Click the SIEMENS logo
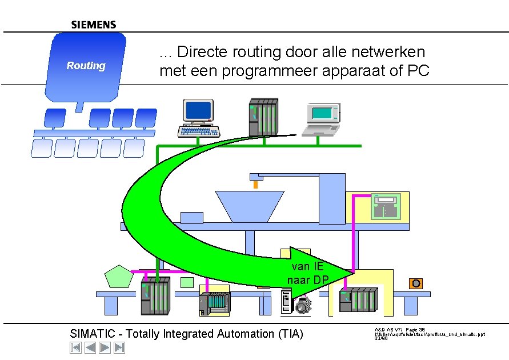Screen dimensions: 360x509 pos(94,25)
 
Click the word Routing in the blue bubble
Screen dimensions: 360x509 pos(86,66)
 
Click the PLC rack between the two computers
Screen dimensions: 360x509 pos(263,117)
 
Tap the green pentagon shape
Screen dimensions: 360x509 pos(119,278)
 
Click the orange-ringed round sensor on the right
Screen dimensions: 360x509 pos(416,283)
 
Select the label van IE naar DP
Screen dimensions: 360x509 pos(308,273)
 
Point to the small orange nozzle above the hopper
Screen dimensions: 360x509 pos(255,184)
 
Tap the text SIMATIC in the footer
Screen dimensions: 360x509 pos(92,334)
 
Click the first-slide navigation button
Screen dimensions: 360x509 pos(75,347)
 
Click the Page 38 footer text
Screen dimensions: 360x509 pos(416,330)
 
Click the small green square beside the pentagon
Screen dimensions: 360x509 pos(187,282)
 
